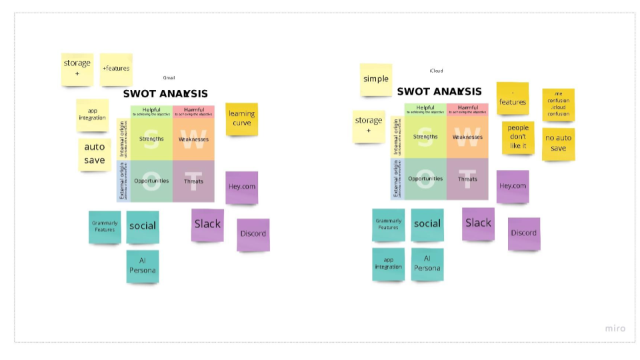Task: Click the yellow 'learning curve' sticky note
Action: coord(241,119)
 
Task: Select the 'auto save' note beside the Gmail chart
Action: coord(95,153)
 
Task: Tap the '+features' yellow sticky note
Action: coord(116,69)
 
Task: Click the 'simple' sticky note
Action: coord(376,79)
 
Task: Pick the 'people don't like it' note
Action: coord(518,137)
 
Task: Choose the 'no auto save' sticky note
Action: coord(558,143)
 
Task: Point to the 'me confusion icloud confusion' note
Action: coord(558,104)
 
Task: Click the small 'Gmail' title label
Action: coord(169,78)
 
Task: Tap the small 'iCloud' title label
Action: coord(436,71)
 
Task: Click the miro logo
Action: coord(615,328)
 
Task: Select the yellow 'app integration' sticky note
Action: coord(93,114)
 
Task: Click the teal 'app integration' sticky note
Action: coord(389,263)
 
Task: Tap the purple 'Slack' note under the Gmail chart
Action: coord(207,225)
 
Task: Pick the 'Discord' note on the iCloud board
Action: coord(523,233)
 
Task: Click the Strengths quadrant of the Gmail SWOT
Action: coord(151,139)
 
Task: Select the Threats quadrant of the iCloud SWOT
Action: coord(467,179)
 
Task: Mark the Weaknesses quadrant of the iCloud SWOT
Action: coord(467,137)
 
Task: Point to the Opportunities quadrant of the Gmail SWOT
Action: coord(151,181)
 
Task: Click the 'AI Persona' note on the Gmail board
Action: coord(143,265)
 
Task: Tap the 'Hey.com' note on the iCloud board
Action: coord(513,186)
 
